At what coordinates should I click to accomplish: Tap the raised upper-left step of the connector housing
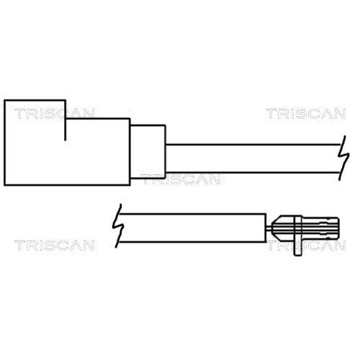35,109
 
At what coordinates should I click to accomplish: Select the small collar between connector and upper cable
148,152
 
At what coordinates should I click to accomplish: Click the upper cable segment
252,158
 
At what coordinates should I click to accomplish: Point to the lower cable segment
193,228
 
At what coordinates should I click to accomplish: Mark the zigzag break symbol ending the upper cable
343,158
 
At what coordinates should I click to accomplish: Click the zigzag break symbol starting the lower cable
118,226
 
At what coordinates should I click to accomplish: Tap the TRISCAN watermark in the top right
305,114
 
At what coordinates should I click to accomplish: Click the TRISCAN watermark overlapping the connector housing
54,114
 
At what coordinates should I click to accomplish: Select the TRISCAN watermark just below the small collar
181,179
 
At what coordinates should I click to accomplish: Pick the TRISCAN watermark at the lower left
54,246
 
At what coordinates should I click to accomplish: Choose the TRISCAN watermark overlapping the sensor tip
305,246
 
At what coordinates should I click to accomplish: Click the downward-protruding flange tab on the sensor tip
297,247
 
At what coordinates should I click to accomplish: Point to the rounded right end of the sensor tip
337,228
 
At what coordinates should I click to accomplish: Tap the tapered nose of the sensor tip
276,228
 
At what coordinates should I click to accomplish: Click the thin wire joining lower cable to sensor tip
269,228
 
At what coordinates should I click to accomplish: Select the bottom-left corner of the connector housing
4,185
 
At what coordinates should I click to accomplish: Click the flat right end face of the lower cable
266,228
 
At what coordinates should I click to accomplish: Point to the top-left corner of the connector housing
4,100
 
